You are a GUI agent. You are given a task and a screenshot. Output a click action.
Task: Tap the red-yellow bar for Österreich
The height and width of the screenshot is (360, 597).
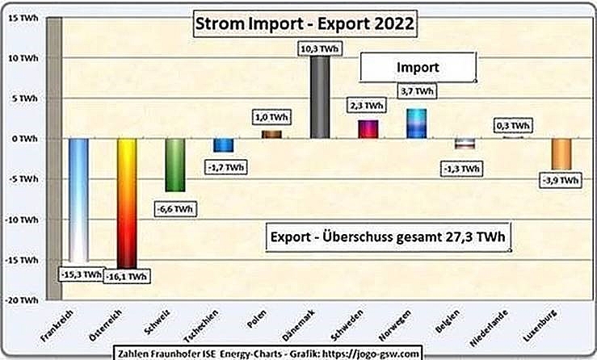point(128,202)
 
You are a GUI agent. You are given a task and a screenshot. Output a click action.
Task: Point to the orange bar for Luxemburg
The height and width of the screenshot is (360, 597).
point(561,153)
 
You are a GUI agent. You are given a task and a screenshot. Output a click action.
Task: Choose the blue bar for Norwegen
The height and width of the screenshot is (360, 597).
point(417,123)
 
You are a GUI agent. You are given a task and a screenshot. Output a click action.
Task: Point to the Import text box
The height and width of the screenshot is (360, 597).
point(418,67)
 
